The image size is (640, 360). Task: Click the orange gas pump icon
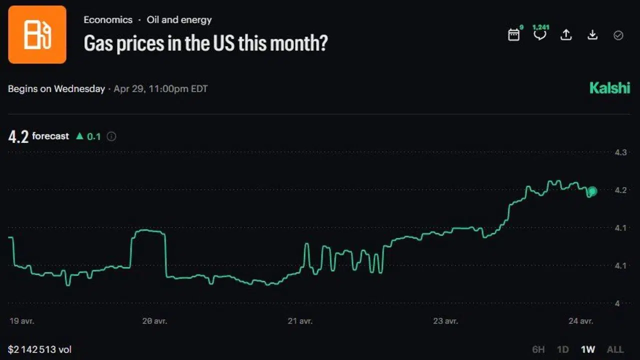pos(37,34)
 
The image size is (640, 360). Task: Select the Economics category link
pos(108,20)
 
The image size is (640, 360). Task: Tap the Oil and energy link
pos(179,20)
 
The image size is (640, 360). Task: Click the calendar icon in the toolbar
pos(514,34)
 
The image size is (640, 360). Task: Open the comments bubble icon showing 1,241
pos(540,34)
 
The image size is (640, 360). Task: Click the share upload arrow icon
pos(566,34)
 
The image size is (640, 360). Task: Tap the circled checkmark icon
pos(618,35)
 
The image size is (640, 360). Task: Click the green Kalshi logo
pos(609,88)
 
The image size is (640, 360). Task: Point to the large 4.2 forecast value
pos(18,136)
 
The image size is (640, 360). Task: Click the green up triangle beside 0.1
pos(79,135)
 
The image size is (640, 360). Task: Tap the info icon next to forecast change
pos(111,136)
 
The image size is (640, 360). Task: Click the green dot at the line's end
pos(592,191)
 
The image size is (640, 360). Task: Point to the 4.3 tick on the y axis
pos(620,152)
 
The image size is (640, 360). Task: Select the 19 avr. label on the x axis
pos(21,321)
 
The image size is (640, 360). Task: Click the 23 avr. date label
pos(445,321)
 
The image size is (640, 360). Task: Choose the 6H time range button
pos(538,349)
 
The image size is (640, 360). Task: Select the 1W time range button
pos(588,349)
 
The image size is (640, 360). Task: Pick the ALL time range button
pos(615,349)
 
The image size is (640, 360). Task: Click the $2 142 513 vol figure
pos(40,349)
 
